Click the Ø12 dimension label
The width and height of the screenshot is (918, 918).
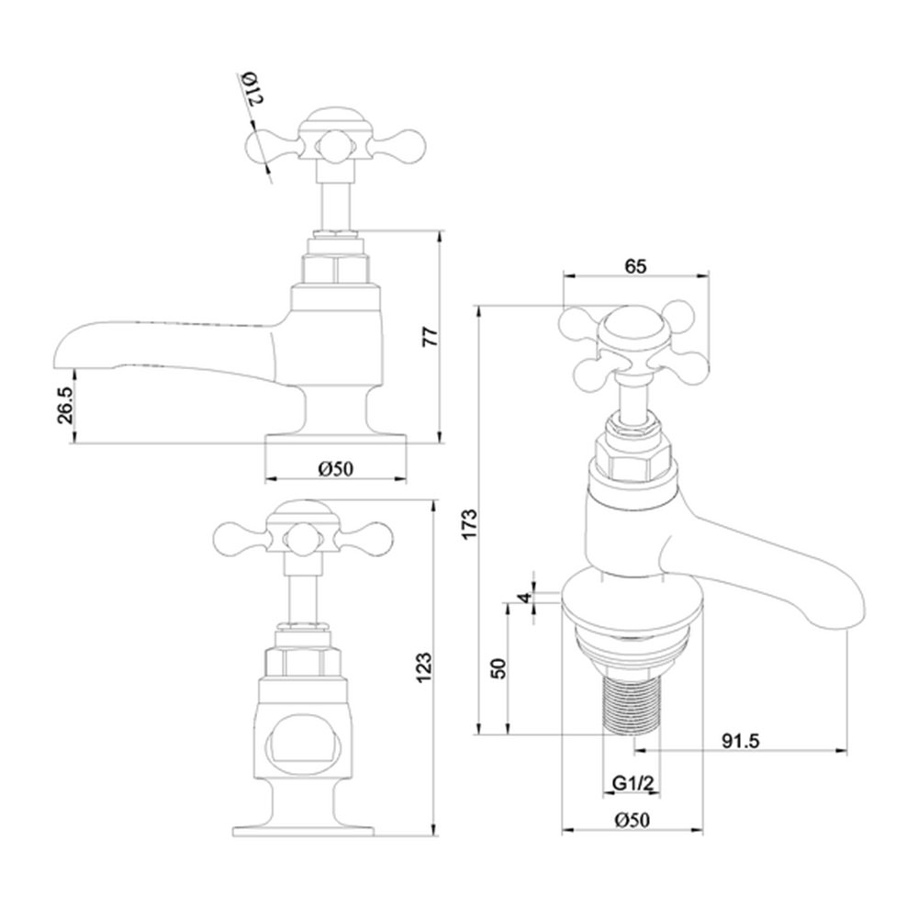tap(253, 90)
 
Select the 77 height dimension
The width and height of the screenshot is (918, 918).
tap(430, 337)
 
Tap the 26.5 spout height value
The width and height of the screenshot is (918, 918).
tap(64, 405)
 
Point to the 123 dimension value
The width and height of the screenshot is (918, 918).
tap(424, 666)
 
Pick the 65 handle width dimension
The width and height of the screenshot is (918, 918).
tap(636, 266)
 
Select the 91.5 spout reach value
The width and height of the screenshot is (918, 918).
tap(740, 741)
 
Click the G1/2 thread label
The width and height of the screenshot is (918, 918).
tap(633, 783)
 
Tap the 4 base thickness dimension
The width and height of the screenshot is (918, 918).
tap(526, 598)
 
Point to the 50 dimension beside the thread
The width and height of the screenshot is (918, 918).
tap(498, 668)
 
